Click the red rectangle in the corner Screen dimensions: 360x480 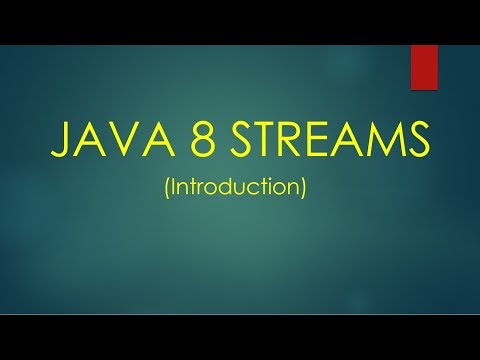[x=425, y=67]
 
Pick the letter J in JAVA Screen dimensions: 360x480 [x=59, y=141]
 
